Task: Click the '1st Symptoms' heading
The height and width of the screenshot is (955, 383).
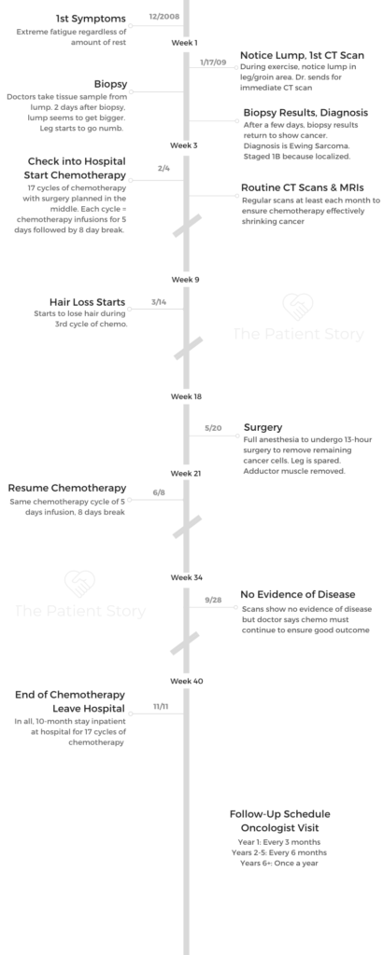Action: (x=91, y=19)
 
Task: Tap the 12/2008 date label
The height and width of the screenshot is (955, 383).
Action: (x=164, y=17)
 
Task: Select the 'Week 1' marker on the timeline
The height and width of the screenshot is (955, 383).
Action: (x=184, y=43)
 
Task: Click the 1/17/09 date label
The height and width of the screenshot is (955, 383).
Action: (x=213, y=62)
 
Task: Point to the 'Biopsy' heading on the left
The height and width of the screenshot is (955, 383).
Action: (x=110, y=84)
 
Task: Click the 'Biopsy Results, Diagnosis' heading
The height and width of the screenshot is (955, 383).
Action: (x=305, y=113)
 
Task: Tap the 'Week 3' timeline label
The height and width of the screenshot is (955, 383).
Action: (x=184, y=145)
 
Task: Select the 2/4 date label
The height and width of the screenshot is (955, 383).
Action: (x=163, y=168)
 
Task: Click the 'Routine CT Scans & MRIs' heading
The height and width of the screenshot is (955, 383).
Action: (x=303, y=187)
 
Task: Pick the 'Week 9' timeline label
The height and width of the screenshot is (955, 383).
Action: (x=185, y=280)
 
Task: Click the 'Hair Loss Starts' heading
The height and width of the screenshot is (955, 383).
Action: (x=87, y=302)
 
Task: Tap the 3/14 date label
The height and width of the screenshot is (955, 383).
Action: (x=159, y=302)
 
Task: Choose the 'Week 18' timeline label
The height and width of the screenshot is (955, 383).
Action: (x=186, y=396)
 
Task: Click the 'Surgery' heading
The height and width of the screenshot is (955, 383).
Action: (x=262, y=427)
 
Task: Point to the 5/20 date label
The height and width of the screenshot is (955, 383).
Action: (x=213, y=428)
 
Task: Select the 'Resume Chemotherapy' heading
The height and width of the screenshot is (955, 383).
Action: (x=67, y=488)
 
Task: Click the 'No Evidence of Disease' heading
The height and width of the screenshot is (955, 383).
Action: (x=298, y=594)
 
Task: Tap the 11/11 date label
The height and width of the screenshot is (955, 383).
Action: (x=161, y=707)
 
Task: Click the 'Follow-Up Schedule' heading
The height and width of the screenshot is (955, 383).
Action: (x=280, y=814)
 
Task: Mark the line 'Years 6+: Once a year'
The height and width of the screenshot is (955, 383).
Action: (x=278, y=863)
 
